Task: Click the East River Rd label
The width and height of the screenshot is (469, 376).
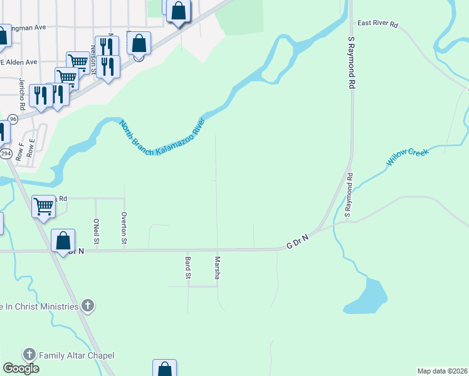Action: coord(377,24)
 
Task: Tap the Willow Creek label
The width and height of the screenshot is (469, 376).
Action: coord(406,157)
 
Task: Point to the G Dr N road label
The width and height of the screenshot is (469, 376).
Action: coord(298,241)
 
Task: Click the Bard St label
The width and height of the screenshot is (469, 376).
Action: coord(187,267)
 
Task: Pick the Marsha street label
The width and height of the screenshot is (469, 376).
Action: coord(218,268)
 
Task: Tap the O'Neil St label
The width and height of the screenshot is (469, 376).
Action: coord(96,231)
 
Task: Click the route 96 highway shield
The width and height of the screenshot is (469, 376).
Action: coord(13,119)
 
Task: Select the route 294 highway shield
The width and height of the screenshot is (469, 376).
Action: coord(6,154)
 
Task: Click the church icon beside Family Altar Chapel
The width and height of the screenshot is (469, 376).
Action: coord(29,355)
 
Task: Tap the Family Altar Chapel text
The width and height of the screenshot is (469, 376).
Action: coord(76,355)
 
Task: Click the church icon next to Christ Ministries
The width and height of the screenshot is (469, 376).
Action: coord(88,306)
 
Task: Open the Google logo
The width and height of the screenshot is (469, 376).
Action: coord(21,368)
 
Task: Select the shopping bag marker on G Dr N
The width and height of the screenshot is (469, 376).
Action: coord(63,241)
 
